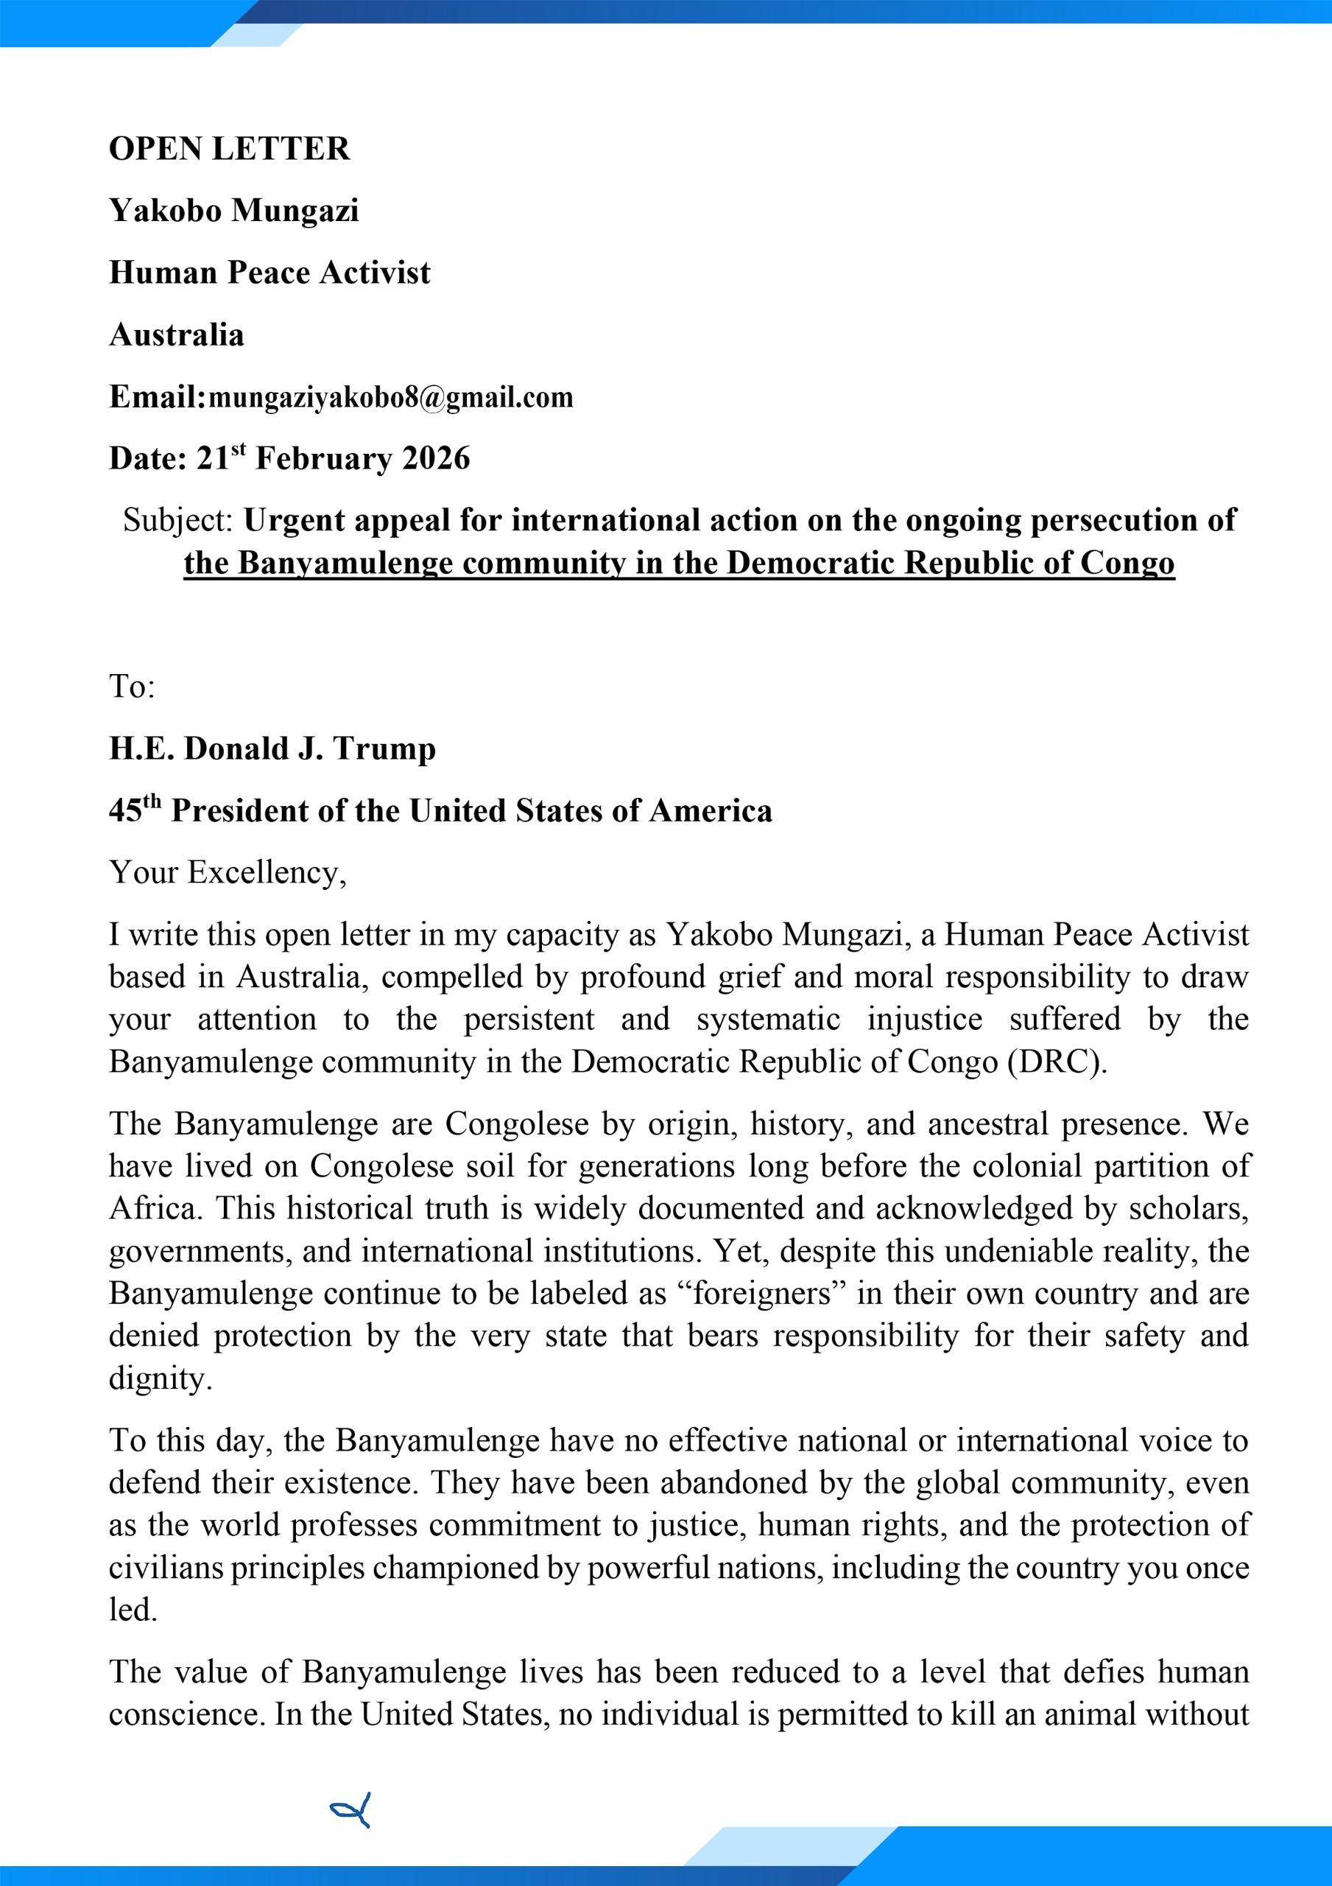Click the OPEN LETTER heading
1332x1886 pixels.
(229, 149)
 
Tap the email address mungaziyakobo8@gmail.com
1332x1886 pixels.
(390, 398)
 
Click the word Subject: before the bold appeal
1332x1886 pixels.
(179, 520)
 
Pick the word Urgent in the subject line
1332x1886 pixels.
(294, 520)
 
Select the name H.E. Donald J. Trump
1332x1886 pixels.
(272, 749)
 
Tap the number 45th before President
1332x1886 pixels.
(135, 809)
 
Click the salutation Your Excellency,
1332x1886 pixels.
(228, 872)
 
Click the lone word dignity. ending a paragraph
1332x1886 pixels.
(160, 1378)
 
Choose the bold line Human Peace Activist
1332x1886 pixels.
(269, 273)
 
